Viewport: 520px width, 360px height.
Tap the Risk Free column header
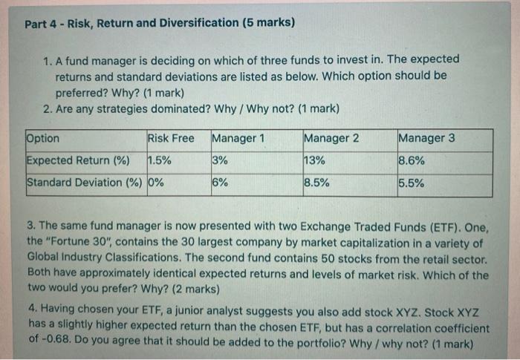(171, 138)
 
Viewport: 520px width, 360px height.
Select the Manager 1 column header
(238, 138)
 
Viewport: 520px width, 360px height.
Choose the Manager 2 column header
(331, 138)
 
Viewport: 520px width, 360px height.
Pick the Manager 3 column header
(426, 138)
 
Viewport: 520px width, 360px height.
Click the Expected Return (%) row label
(78, 160)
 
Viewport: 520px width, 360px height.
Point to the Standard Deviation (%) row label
(85, 183)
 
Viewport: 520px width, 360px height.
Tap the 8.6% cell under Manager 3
(412, 160)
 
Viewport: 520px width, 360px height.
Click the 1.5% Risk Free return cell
(160, 160)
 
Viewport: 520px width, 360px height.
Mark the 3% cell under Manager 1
(220, 160)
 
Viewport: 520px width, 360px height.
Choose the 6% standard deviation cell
(220, 183)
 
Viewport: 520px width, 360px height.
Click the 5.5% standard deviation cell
(412, 183)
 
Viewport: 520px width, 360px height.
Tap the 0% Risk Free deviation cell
(156, 183)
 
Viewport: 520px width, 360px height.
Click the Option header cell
(43, 138)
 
